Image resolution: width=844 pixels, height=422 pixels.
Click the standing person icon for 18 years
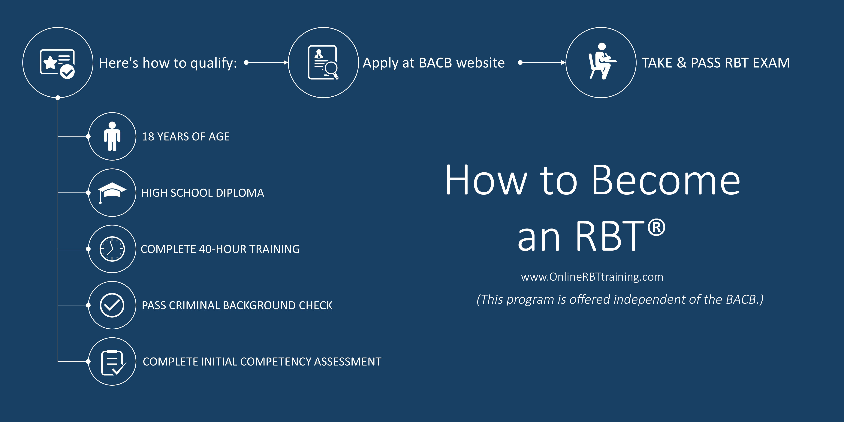click(x=112, y=136)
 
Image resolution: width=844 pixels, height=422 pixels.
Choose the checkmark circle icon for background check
click(x=112, y=305)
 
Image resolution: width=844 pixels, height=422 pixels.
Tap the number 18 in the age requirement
click(x=148, y=137)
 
